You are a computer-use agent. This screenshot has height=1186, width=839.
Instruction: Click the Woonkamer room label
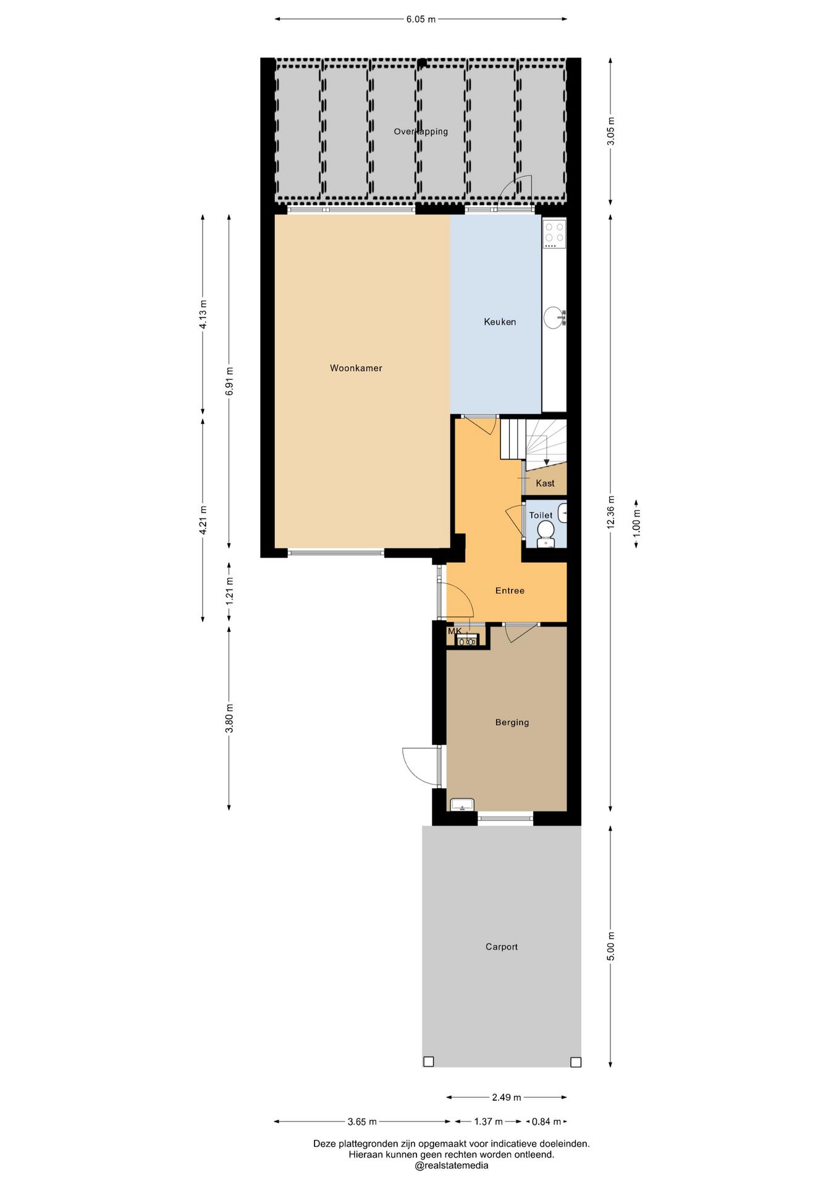[x=356, y=368]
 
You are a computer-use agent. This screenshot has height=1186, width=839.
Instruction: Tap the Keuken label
[x=500, y=322]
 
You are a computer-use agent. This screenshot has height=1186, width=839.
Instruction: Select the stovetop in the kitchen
[x=554, y=233]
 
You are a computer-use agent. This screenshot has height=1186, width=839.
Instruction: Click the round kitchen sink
[x=554, y=318]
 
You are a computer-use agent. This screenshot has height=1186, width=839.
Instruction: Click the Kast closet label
[x=545, y=483]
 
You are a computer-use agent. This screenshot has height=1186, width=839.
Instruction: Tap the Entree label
[x=510, y=591]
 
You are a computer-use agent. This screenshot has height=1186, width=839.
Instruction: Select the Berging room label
[x=512, y=722]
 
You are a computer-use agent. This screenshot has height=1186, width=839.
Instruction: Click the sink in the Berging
[x=462, y=804]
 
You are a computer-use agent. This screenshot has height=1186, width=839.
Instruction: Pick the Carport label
[x=502, y=946]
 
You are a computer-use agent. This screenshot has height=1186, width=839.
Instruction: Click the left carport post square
[x=429, y=1061]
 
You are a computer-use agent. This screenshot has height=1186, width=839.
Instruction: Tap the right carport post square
[x=576, y=1062]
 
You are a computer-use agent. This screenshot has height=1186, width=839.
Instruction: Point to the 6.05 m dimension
[x=421, y=19]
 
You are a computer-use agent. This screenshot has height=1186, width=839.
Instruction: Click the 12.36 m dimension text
[x=610, y=512]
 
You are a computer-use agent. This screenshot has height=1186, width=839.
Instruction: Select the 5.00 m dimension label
[x=610, y=946]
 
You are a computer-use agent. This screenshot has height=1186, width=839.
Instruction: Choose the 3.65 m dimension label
[x=362, y=1121]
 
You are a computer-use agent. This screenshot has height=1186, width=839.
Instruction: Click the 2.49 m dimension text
[x=507, y=1097]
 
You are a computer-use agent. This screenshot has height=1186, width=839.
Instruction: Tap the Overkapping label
[x=421, y=132]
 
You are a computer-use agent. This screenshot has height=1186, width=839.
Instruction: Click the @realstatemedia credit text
[x=452, y=1166]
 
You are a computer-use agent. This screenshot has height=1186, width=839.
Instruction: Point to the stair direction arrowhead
[x=546, y=463]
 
